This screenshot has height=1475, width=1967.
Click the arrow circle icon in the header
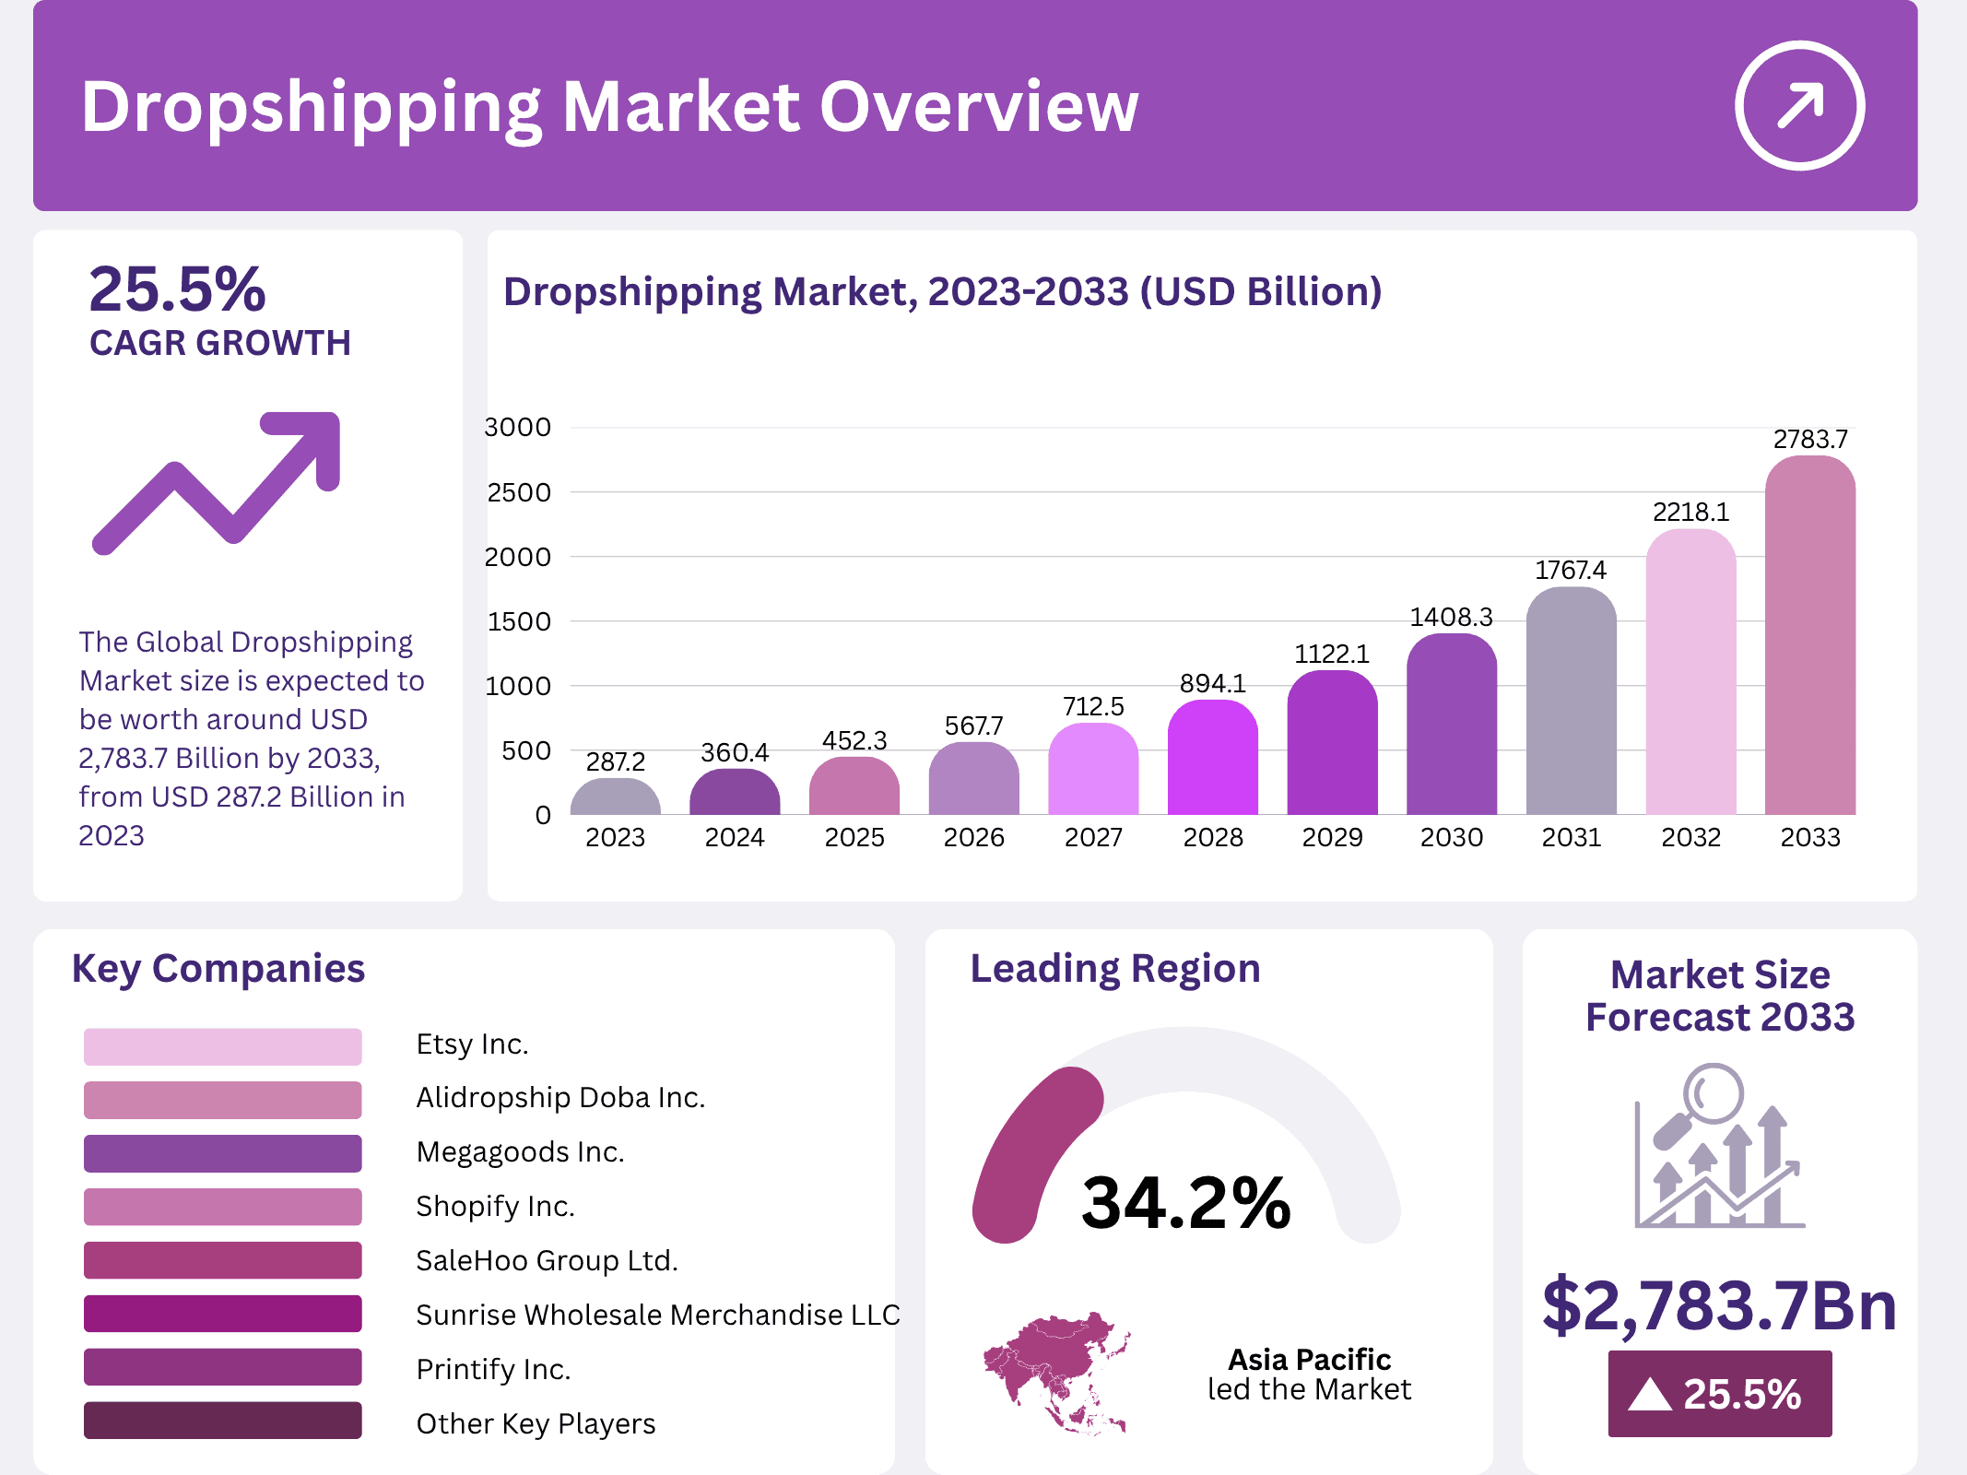[1799, 105]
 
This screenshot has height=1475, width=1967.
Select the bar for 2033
[1809, 636]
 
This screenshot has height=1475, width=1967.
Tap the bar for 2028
[1212, 758]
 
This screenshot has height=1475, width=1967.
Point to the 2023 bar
[615, 797]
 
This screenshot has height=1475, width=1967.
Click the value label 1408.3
[1451, 617]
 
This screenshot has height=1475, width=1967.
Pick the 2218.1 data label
[1690, 512]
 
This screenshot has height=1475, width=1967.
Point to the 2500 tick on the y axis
[519, 492]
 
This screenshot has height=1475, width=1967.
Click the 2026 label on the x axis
[973, 837]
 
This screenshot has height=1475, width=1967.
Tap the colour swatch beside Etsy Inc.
[222, 1046]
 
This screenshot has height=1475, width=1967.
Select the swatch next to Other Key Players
[222, 1421]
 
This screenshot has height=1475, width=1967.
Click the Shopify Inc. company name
[495, 1206]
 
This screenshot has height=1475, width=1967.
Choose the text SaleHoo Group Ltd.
[547, 1260]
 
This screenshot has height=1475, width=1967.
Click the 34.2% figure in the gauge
[1185, 1203]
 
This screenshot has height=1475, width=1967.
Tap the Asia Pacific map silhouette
[1056, 1372]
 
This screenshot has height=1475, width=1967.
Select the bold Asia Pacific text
[1309, 1359]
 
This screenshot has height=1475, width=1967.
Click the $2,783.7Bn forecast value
[1719, 1305]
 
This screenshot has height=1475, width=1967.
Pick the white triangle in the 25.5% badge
[1650, 1394]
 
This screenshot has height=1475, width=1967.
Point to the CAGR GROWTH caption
[220, 343]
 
